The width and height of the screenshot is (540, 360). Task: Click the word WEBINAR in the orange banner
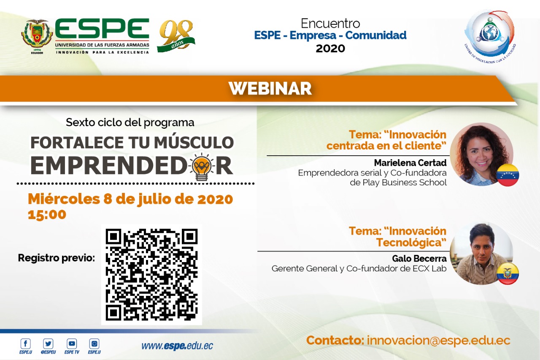[x=270, y=89]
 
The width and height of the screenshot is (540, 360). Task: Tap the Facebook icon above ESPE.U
[x=26, y=344]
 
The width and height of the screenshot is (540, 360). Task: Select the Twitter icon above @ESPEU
[x=48, y=344]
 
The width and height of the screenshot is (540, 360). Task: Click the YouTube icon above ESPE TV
[x=72, y=344]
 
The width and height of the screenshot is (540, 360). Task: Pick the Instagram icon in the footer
[x=94, y=344]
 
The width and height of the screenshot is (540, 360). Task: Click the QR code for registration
[x=151, y=275]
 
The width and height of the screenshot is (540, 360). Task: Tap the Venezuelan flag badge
[x=508, y=175]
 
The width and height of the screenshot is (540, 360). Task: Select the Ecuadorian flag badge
[x=508, y=273]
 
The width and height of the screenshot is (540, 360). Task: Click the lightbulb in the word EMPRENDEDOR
[x=202, y=167]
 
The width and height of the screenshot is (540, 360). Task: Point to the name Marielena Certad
[x=410, y=163]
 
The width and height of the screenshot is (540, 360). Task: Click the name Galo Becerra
[x=419, y=258]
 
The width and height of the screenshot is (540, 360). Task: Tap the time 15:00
[x=47, y=214]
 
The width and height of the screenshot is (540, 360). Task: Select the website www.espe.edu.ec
[x=177, y=346]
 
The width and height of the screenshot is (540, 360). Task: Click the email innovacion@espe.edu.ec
[x=438, y=341]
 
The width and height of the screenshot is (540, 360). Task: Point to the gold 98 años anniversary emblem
[x=176, y=36]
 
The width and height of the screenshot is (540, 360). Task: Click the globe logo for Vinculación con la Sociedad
[x=490, y=37]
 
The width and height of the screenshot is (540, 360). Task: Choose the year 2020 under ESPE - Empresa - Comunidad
[x=330, y=49]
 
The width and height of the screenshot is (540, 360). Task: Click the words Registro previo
[x=57, y=258]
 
